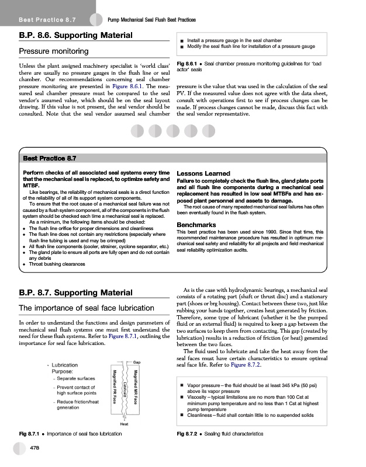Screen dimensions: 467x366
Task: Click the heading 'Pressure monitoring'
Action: pos(54,51)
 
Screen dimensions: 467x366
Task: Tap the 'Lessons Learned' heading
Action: pos(203,173)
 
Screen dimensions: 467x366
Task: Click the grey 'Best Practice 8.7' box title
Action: pos(49,158)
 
